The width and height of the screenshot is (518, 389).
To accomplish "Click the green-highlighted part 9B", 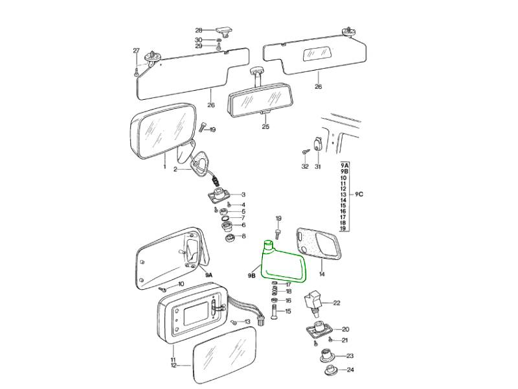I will [283, 265].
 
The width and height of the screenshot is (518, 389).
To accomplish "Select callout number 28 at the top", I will [199, 30].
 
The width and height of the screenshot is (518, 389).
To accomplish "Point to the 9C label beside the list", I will [359, 194].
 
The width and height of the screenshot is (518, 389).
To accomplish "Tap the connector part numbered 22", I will [315, 299].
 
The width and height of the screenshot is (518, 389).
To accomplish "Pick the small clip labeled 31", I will [317, 143].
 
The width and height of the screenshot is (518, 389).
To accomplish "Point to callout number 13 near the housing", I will [247, 322].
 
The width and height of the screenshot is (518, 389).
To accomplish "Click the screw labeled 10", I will [163, 288].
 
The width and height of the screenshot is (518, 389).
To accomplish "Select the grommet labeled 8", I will [229, 237].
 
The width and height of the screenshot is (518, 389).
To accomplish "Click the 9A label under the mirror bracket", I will [209, 275].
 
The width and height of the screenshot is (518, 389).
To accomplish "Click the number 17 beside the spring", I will [288, 285].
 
